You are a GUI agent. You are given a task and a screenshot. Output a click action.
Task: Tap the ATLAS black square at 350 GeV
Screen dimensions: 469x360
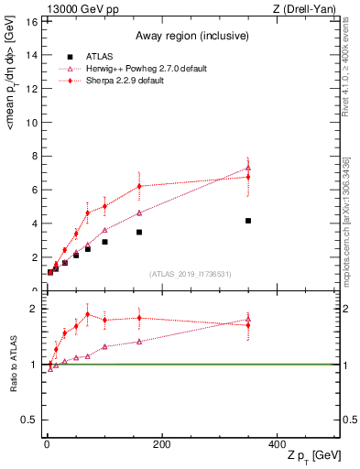(x=248, y=221)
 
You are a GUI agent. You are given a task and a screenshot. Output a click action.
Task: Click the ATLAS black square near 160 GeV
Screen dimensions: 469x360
(x=139, y=232)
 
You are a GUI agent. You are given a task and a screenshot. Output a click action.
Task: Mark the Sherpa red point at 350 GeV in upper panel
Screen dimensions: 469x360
(x=248, y=176)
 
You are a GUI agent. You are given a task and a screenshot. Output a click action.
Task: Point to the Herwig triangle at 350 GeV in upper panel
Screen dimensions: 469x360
(x=248, y=168)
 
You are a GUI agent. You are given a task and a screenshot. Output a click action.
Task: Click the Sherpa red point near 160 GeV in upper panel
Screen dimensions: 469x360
(x=139, y=186)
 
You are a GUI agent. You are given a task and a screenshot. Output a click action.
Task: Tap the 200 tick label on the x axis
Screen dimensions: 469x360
(x=161, y=444)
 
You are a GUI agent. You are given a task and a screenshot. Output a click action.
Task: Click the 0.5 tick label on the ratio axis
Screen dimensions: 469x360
(x=28, y=420)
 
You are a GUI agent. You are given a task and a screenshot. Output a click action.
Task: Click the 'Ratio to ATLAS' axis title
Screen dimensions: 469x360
(x=12, y=364)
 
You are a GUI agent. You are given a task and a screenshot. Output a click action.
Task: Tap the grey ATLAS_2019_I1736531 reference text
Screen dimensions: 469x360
(x=189, y=274)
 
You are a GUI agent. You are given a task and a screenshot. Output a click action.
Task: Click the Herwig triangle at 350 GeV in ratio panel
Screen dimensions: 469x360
(x=248, y=320)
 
